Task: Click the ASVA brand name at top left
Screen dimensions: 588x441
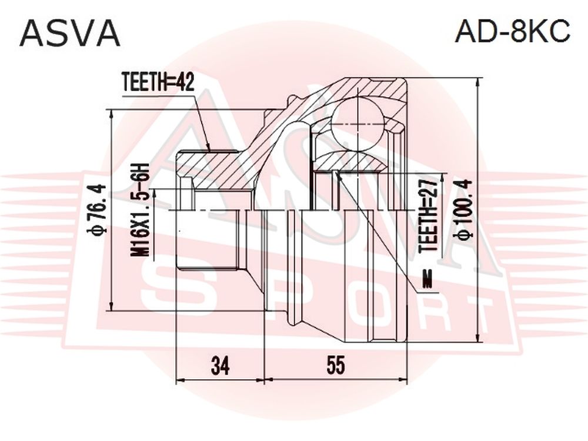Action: tap(70, 33)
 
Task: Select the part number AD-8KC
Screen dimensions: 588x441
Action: tap(512, 31)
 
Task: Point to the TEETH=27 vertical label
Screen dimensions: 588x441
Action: tap(428, 216)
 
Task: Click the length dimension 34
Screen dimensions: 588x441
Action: tap(220, 365)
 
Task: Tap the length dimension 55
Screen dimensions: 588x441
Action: tap(335, 365)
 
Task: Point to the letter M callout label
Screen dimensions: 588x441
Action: tap(427, 279)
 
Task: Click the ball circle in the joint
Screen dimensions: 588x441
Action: tap(359, 124)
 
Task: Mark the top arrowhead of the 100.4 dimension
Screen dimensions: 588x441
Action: tap(478, 83)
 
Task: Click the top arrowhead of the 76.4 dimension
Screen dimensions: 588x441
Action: tap(111, 115)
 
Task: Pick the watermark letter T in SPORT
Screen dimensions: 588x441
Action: tap(470, 315)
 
